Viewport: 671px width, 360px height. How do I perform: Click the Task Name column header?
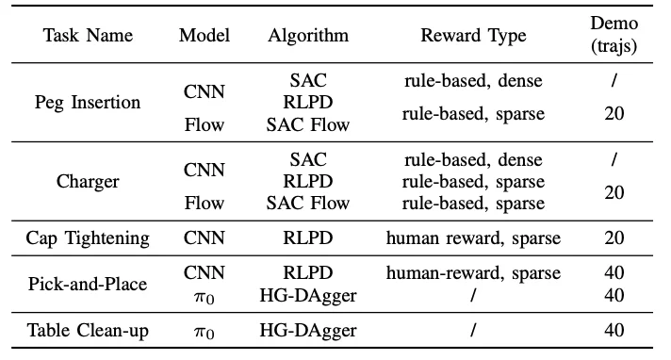click(88, 36)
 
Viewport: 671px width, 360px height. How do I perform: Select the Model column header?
click(204, 36)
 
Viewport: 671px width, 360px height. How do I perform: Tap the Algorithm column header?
click(307, 36)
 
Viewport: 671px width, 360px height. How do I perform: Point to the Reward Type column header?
click(474, 36)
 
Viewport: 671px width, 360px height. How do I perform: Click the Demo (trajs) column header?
click(614, 36)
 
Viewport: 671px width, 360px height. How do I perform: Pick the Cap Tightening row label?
click(88, 238)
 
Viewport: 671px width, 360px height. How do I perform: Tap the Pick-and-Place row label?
click(88, 285)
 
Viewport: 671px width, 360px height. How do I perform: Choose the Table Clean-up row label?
click(88, 330)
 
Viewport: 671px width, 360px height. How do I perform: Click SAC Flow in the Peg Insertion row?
click(307, 123)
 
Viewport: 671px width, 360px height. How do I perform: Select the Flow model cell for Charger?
click(204, 204)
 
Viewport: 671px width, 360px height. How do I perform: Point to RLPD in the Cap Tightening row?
click(307, 238)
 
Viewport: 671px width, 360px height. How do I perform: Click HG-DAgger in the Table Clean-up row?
click(307, 330)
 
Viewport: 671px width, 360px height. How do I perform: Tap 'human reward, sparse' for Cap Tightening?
click(474, 238)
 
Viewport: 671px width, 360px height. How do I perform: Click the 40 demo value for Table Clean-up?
click(614, 330)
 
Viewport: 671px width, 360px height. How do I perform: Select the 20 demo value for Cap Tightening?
click(614, 238)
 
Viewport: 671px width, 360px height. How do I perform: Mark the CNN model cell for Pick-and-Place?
click(204, 273)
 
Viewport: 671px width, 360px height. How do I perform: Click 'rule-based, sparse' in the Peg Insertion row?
click(474, 113)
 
